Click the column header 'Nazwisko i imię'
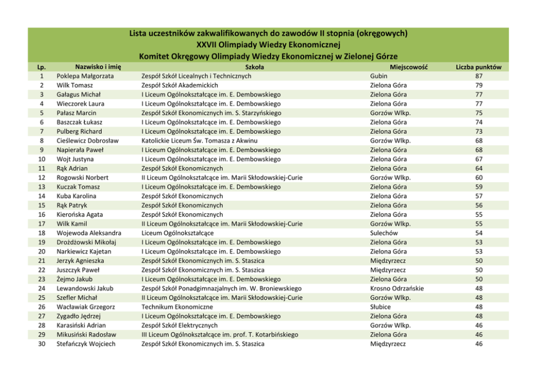coord(98,66)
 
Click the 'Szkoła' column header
coord(255,67)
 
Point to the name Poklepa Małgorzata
coord(85,76)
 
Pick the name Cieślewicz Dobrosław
coord(88,140)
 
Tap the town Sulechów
coord(384,233)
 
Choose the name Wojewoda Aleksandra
coord(89,233)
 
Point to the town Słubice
coord(381,307)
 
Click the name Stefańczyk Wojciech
coord(86,344)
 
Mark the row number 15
coord(41,205)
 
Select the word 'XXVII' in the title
coord(209,44)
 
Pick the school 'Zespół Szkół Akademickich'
coord(180,85)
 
